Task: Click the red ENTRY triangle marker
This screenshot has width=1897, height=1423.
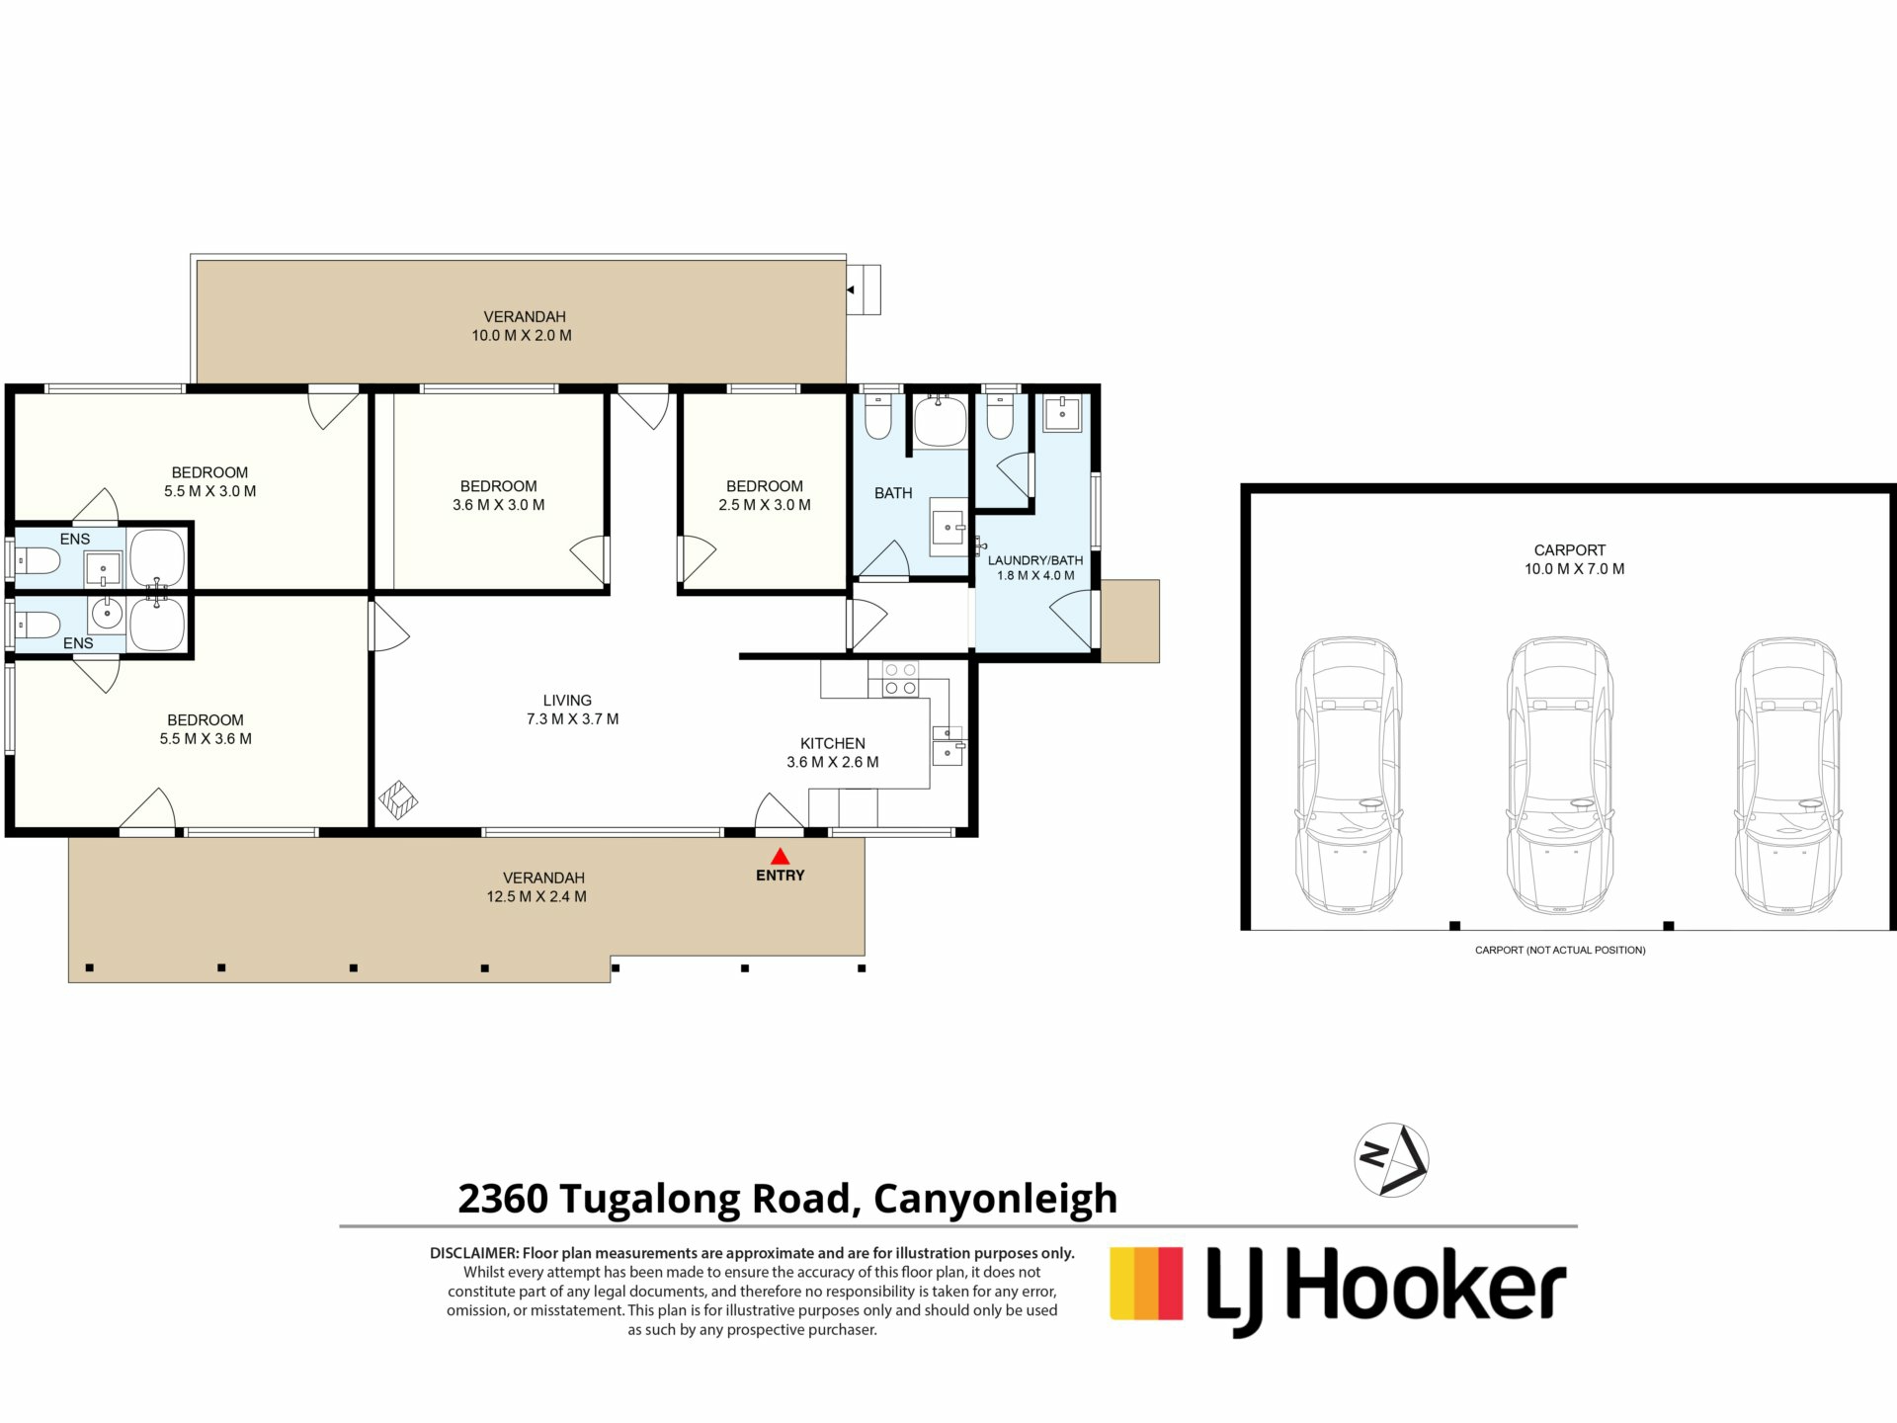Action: [781, 856]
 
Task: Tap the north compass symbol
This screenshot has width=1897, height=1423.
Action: [1391, 1160]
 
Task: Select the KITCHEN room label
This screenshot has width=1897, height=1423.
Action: [833, 743]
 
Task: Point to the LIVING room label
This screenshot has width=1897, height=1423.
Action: [567, 700]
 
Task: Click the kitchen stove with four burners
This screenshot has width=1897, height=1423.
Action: [900, 678]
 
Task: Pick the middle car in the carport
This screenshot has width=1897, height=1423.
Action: [1559, 775]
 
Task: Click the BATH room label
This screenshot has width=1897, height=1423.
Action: [893, 493]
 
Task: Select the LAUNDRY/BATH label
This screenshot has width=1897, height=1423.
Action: [1035, 560]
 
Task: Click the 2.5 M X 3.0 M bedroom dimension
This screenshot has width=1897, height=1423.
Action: [765, 505]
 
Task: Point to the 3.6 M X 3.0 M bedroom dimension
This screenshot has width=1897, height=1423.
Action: [499, 505]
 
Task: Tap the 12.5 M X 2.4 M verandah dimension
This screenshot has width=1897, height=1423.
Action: [536, 896]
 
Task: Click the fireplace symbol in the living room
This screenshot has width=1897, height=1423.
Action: [398, 800]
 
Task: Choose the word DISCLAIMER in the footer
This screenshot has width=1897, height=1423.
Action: [474, 1253]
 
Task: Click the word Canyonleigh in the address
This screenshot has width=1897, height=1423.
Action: [995, 1200]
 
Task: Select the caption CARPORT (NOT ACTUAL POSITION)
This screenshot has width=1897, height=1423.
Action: [1560, 950]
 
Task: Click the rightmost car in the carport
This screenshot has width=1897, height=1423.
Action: [1787, 775]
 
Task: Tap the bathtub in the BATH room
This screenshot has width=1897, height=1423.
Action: [940, 420]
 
